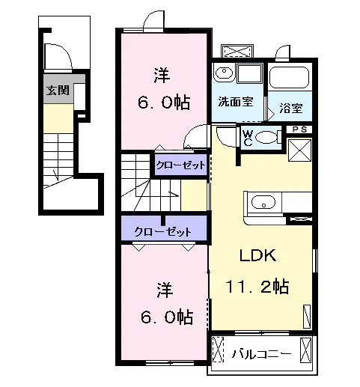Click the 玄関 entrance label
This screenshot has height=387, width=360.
point(58,90)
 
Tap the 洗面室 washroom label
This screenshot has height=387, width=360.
point(236,101)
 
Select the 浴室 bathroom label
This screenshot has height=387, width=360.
point(291,108)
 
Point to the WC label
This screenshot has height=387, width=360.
point(248,138)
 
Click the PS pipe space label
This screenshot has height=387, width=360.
point(299,129)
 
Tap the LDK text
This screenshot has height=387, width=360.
point(258,255)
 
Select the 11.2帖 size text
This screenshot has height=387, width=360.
point(257,287)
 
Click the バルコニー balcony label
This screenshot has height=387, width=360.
point(261,354)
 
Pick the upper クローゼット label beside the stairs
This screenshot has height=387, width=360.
point(181,165)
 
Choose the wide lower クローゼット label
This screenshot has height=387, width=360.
point(163,232)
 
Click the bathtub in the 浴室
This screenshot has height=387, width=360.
point(290,77)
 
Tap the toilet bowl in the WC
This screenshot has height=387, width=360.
point(267,138)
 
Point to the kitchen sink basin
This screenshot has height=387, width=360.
point(263,202)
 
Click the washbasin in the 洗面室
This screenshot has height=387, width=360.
point(224,73)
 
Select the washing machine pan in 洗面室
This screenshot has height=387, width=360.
point(250,73)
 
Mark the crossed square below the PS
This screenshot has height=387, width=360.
point(299,150)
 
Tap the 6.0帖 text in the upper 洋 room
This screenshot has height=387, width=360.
point(164,102)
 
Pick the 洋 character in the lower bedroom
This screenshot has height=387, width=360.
point(165,290)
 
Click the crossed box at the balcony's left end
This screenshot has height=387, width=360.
point(218,350)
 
